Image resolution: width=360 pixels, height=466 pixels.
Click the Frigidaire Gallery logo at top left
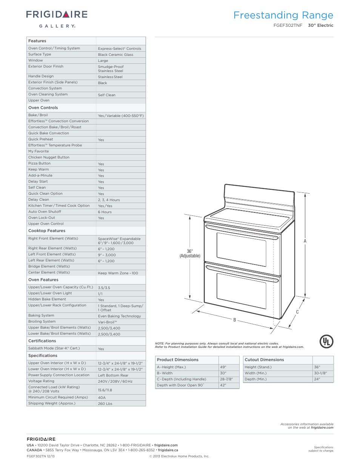click(57, 18)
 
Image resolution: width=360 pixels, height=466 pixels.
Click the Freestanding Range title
click(283, 15)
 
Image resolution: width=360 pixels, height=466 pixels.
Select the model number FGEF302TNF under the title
click(288, 26)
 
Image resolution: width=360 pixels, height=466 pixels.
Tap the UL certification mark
click(326, 341)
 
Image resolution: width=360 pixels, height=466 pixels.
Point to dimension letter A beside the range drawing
click(305, 241)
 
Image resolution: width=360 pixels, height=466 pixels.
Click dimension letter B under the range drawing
click(235, 320)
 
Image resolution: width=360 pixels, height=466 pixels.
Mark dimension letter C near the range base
click(297, 312)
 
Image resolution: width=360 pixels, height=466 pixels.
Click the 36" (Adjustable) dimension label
click(190, 254)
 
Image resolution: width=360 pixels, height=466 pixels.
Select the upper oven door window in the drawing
click(242, 249)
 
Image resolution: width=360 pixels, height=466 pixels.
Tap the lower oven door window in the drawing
click(242, 290)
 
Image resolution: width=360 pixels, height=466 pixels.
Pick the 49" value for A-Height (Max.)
click(223, 367)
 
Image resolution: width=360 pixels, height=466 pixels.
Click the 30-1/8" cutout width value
click(320, 373)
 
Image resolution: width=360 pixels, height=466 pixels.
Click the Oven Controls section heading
click(43, 108)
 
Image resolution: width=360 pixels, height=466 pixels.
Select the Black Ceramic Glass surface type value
click(115, 55)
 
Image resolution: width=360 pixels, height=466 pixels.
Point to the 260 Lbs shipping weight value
click(105, 404)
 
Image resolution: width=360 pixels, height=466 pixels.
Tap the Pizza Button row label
click(39, 163)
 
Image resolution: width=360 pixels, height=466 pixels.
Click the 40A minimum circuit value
click(102, 398)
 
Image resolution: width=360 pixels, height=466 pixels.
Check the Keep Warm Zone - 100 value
click(118, 273)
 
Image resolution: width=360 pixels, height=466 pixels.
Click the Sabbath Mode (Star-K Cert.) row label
click(54, 348)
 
